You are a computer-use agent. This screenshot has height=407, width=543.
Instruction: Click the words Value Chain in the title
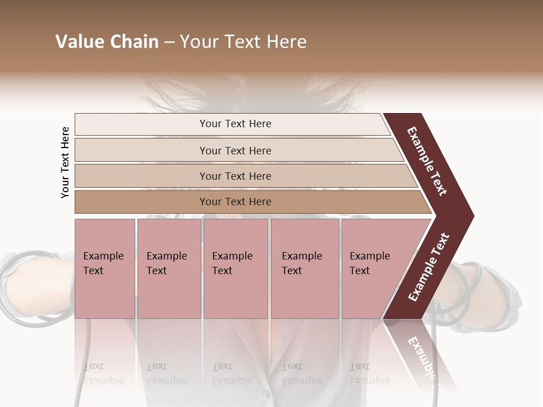(107, 42)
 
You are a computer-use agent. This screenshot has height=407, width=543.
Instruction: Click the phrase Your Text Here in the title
(243, 42)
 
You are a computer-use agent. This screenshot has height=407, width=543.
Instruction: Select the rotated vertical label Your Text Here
(65, 162)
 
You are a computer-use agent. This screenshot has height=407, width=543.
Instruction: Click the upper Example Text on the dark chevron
(427, 161)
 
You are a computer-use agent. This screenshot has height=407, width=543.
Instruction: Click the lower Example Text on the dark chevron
(429, 267)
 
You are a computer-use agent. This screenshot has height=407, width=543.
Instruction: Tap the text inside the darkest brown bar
(235, 202)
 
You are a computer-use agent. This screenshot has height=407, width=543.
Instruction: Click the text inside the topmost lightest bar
(235, 124)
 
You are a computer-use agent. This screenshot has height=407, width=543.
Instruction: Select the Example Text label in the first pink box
(103, 263)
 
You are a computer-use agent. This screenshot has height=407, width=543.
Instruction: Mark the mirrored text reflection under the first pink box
(103, 373)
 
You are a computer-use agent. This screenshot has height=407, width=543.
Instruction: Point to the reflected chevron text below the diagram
(421, 356)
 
